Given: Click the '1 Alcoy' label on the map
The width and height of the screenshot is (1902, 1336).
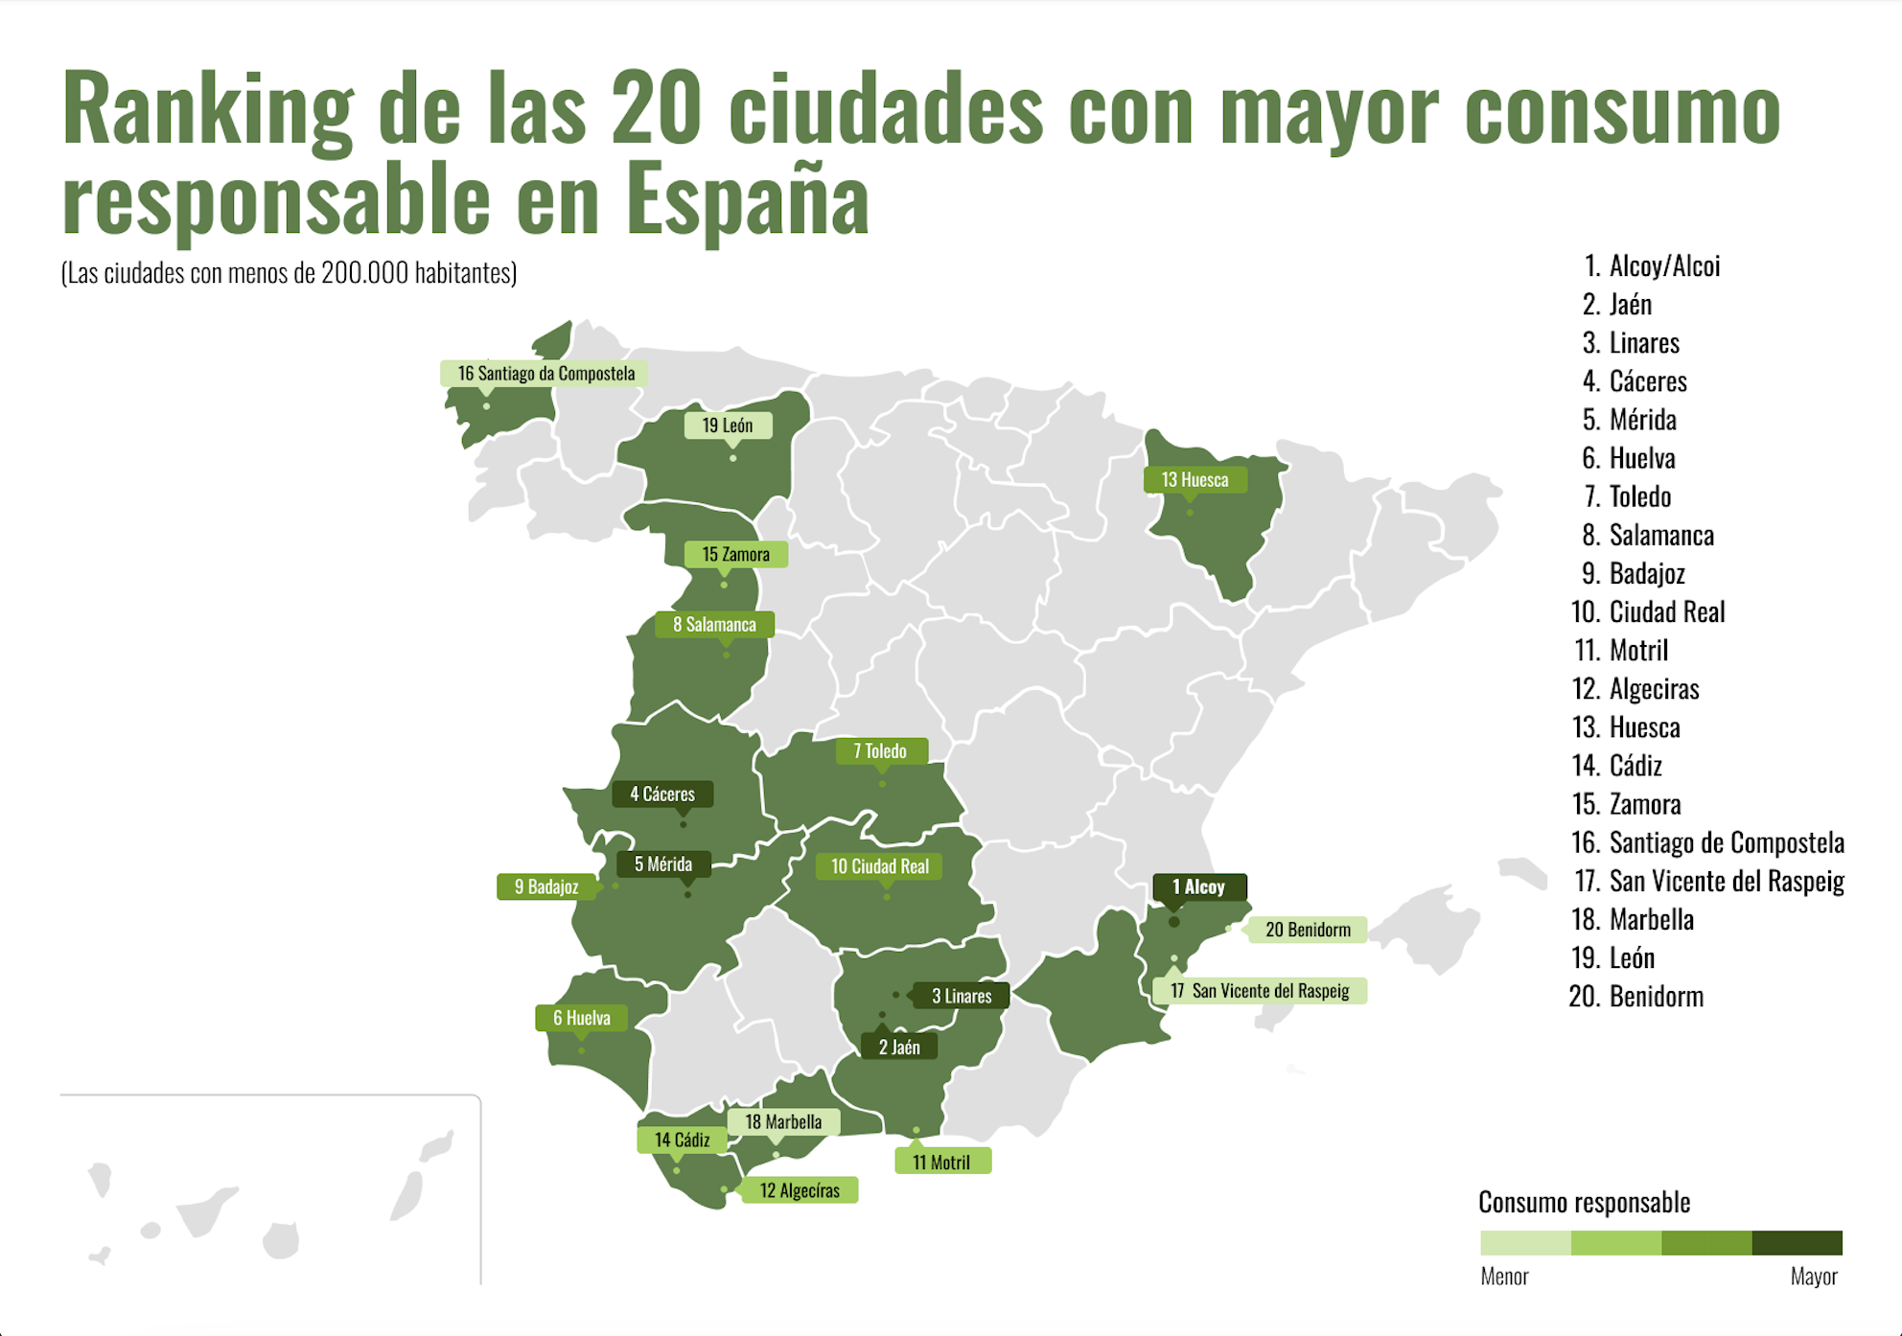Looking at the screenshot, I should point(1199,887).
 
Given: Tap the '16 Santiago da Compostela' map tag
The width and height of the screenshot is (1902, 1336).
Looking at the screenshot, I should point(545,373).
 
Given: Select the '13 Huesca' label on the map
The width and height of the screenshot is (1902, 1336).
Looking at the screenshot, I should point(1195,479).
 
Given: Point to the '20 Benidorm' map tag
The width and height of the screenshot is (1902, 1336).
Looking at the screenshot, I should point(1308,929).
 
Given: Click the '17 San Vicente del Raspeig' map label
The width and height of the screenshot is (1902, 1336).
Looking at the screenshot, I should point(1260,990).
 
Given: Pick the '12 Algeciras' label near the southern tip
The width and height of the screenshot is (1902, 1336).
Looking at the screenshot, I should point(800,1189).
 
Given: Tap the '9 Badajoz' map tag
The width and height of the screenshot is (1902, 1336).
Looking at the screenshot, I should point(546,887).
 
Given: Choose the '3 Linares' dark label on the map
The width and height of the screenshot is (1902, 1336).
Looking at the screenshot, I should point(962,996).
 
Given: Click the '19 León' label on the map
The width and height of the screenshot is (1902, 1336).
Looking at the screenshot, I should point(728,425).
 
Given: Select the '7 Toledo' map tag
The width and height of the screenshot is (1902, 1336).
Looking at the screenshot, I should point(880,750).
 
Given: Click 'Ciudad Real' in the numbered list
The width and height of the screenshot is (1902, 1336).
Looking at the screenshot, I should point(1666,611).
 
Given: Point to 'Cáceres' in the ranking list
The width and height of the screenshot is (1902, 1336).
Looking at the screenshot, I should point(1647,381).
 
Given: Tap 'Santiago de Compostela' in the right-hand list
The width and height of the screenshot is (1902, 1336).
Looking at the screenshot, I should point(1726,842).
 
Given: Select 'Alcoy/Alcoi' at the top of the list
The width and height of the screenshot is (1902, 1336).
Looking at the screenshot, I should point(1664,265).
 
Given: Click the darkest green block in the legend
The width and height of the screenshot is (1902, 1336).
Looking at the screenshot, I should point(1797,1243).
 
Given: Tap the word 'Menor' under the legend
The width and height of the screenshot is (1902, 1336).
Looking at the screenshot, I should point(1504,1277).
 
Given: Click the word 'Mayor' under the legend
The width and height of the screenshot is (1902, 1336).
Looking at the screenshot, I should point(1814,1277).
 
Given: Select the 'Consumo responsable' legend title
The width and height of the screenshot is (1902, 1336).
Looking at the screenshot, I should point(1584,1202).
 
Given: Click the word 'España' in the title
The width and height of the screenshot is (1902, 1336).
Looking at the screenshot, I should point(748,199).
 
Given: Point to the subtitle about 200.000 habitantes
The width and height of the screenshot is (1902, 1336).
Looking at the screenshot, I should point(289,273).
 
